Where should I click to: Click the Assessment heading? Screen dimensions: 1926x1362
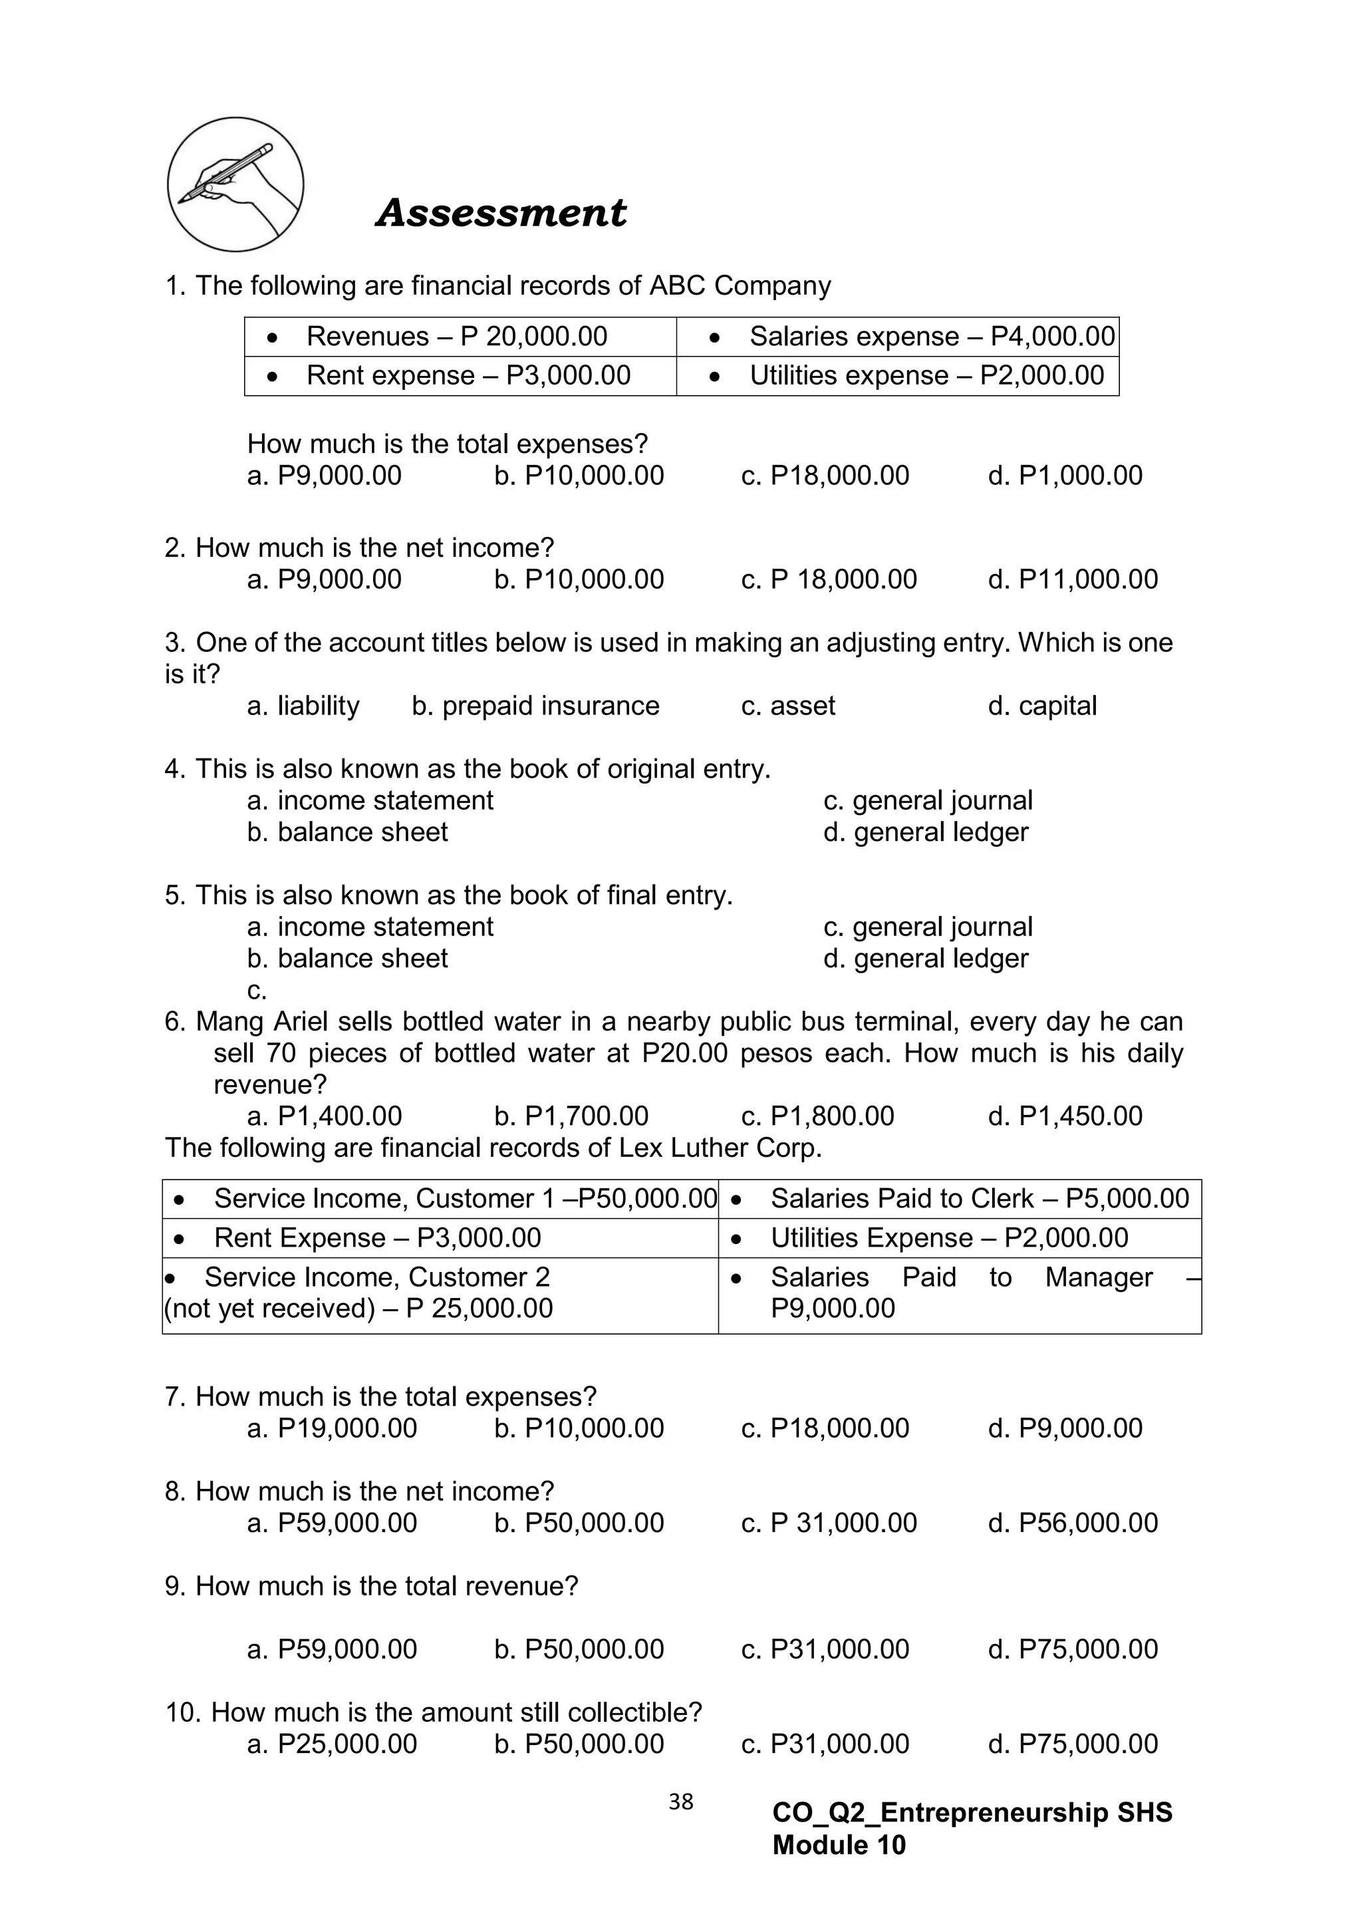[x=501, y=212]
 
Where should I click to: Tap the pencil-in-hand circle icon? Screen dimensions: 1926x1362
[x=235, y=184]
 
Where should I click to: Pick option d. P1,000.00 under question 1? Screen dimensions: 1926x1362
[x=1065, y=476]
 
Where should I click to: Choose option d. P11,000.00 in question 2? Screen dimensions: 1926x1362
[x=1073, y=579]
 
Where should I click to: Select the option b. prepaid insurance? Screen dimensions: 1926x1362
[x=535, y=707]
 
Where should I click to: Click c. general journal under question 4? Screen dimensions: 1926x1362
[x=928, y=801]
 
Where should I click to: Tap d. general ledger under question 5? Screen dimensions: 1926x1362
[x=925, y=959]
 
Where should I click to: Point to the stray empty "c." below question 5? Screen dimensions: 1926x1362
[x=257, y=991]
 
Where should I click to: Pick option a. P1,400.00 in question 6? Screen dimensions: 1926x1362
[x=325, y=1116]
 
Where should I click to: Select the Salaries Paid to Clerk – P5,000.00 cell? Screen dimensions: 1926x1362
[x=960, y=1199]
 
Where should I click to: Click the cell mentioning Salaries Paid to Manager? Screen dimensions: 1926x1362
[x=960, y=1293]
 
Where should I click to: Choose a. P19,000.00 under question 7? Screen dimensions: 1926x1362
[x=332, y=1428]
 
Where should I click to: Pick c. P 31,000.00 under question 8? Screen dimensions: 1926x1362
[x=829, y=1524]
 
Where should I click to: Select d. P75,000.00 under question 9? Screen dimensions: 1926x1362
[x=1073, y=1649]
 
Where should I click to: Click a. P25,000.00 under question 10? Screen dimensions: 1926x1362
[x=332, y=1744]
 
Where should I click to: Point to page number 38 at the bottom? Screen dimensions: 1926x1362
[x=681, y=1802]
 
